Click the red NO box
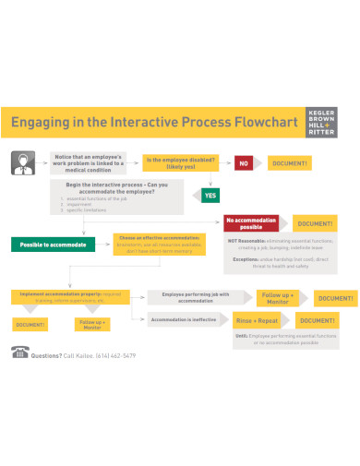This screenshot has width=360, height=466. pyautogui.click(x=245, y=163)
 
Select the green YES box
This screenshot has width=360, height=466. pyautogui.click(x=211, y=196)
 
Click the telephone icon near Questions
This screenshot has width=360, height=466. pyautogui.click(x=19, y=352)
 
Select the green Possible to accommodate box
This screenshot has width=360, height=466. pyautogui.click(x=54, y=245)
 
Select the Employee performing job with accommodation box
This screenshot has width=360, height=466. pyautogui.click(x=195, y=297)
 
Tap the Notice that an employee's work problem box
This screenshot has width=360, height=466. pyautogui.click(x=90, y=162)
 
